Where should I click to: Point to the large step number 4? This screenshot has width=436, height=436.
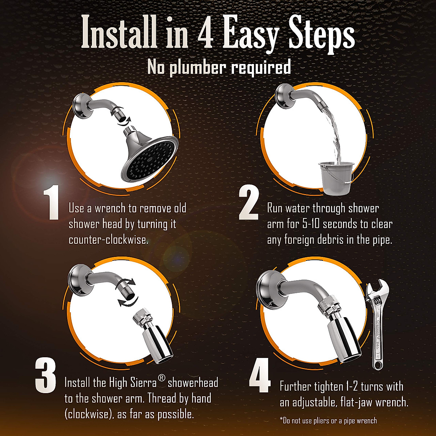260,376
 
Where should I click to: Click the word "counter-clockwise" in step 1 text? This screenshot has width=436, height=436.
108,240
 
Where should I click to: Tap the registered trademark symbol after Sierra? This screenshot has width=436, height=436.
162,378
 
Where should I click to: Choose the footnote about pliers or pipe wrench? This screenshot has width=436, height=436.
328,421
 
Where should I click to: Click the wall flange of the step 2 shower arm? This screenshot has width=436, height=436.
283,96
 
